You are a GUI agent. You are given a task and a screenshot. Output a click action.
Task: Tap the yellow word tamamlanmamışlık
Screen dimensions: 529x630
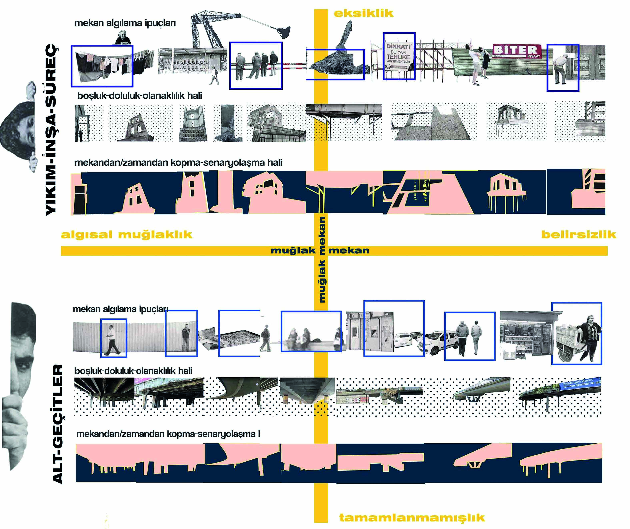pos(412,518)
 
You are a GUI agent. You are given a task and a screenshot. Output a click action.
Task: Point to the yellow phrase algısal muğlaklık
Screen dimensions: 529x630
pos(126,235)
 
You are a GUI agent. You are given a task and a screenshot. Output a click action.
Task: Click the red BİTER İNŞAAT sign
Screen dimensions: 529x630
pos(517,51)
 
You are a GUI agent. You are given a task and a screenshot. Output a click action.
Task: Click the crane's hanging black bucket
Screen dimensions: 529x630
pos(283,31)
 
